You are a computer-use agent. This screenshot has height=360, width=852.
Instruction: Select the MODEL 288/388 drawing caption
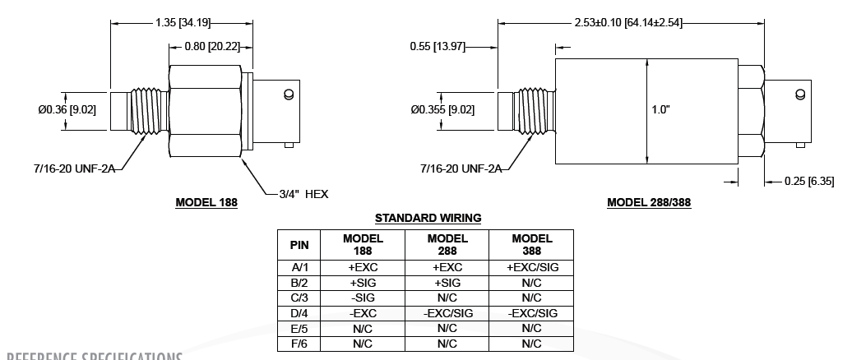649,201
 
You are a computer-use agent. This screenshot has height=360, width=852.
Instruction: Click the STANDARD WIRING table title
428,218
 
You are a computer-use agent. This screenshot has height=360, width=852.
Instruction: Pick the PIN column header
299,244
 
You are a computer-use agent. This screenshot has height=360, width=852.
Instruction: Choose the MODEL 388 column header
531,244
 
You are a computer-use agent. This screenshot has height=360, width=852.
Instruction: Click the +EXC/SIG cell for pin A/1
531,266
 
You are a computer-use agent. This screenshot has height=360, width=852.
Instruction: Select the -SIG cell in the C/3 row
363,298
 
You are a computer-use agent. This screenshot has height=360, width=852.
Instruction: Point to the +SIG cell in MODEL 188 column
363,282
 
